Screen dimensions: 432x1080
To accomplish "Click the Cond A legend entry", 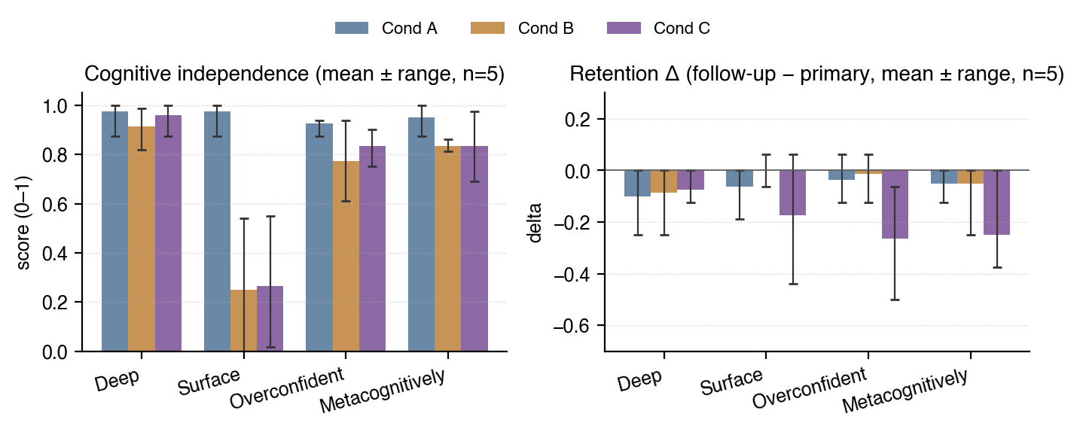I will (x=386, y=29).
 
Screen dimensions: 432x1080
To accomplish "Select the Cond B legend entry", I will (x=522, y=29).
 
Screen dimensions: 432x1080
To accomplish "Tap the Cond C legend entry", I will (x=657, y=29).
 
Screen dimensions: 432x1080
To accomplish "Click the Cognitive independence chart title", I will (x=294, y=75).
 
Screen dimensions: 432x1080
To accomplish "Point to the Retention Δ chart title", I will (x=816, y=75).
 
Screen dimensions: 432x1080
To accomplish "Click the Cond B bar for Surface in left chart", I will (x=243, y=320).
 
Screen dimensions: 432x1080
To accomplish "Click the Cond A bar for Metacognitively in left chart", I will (x=421, y=234).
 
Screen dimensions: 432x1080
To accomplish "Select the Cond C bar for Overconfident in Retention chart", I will (x=895, y=204).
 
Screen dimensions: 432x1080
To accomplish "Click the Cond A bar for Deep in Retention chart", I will (x=637, y=184).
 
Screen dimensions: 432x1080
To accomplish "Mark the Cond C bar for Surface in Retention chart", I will (x=792, y=193).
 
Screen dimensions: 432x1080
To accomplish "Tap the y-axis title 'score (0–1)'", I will (x=24, y=221).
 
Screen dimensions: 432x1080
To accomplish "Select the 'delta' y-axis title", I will (x=535, y=221).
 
